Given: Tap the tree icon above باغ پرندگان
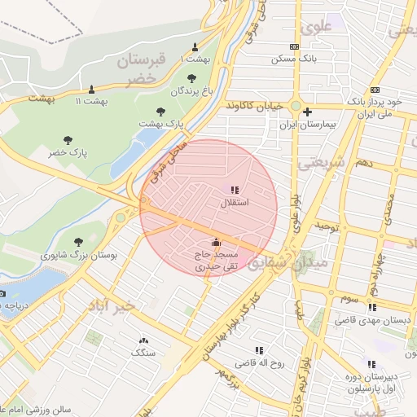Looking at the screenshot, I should (x=191, y=79).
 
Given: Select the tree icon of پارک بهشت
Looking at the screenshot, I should (x=160, y=111).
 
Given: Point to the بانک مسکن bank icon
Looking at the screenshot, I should (x=294, y=47).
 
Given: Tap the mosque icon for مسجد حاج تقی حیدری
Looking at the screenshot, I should (x=216, y=242).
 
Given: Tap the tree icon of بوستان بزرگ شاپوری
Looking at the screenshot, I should (x=78, y=242).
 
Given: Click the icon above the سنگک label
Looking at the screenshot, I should (x=144, y=340).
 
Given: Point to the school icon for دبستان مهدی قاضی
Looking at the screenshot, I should (x=372, y=308).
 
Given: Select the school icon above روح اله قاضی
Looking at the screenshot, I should (x=259, y=350).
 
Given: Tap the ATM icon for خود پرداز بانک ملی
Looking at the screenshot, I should (x=375, y=90).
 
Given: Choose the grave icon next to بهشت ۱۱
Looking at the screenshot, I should (x=91, y=90).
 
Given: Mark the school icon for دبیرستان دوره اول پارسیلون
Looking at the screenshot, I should (x=372, y=364).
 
